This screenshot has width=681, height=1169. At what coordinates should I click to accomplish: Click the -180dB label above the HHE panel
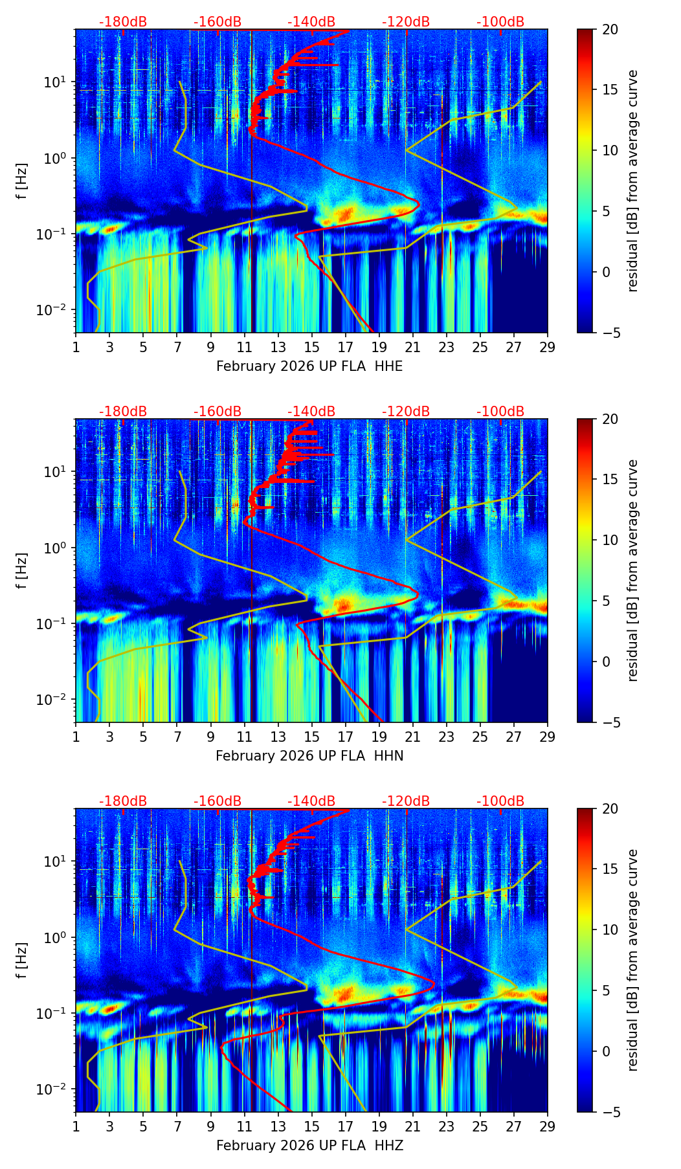click(x=123, y=22)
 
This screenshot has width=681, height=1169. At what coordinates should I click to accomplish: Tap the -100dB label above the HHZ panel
click(x=500, y=801)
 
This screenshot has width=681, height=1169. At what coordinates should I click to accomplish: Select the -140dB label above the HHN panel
click(x=311, y=412)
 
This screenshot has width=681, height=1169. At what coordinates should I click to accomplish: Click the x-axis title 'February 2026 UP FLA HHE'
click(x=309, y=366)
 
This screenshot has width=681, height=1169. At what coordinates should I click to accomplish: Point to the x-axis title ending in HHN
click(x=309, y=756)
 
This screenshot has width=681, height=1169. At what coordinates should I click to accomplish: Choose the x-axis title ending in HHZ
click(x=309, y=1146)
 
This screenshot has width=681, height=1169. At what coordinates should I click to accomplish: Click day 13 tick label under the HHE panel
click(x=278, y=347)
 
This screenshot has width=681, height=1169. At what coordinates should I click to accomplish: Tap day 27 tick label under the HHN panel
click(x=514, y=737)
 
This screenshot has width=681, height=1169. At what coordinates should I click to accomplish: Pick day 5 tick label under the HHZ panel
click(x=143, y=1126)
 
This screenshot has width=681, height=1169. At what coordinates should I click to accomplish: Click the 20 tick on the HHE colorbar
click(x=610, y=29)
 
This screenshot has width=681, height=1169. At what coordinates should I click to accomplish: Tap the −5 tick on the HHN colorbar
click(x=610, y=722)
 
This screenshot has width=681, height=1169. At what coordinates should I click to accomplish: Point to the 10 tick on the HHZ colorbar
click(x=610, y=930)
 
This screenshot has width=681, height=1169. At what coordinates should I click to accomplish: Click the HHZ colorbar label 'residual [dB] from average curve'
click(x=633, y=960)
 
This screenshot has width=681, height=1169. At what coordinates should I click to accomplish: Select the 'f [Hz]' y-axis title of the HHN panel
click(x=22, y=570)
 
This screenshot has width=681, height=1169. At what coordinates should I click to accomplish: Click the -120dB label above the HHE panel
click(x=406, y=22)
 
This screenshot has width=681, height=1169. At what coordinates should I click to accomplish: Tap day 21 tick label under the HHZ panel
click(x=413, y=1126)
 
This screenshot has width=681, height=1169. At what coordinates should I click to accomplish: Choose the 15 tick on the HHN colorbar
click(x=610, y=480)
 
